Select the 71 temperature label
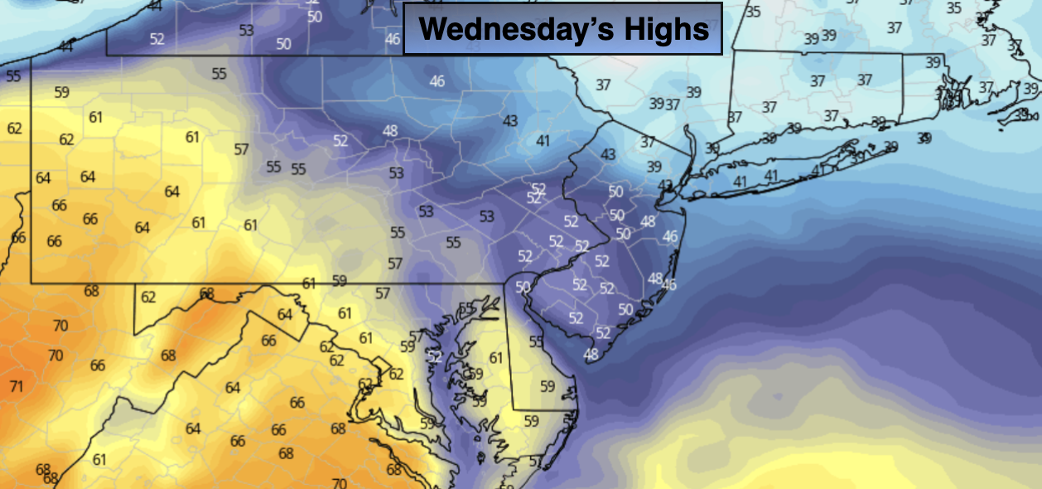16,386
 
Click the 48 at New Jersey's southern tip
591,355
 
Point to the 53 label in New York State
246,31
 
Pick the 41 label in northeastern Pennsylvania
543,141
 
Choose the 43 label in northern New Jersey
608,155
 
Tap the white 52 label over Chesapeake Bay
435,356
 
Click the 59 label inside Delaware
547,386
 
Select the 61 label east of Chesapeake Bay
496,358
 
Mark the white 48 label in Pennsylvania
390,130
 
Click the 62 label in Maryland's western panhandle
148,297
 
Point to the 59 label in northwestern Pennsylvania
61,92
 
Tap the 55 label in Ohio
13,76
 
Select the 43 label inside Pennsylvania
510,121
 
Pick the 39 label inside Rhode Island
933,63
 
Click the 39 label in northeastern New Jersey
654,167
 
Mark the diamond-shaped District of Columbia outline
379,365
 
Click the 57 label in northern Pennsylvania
242,150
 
